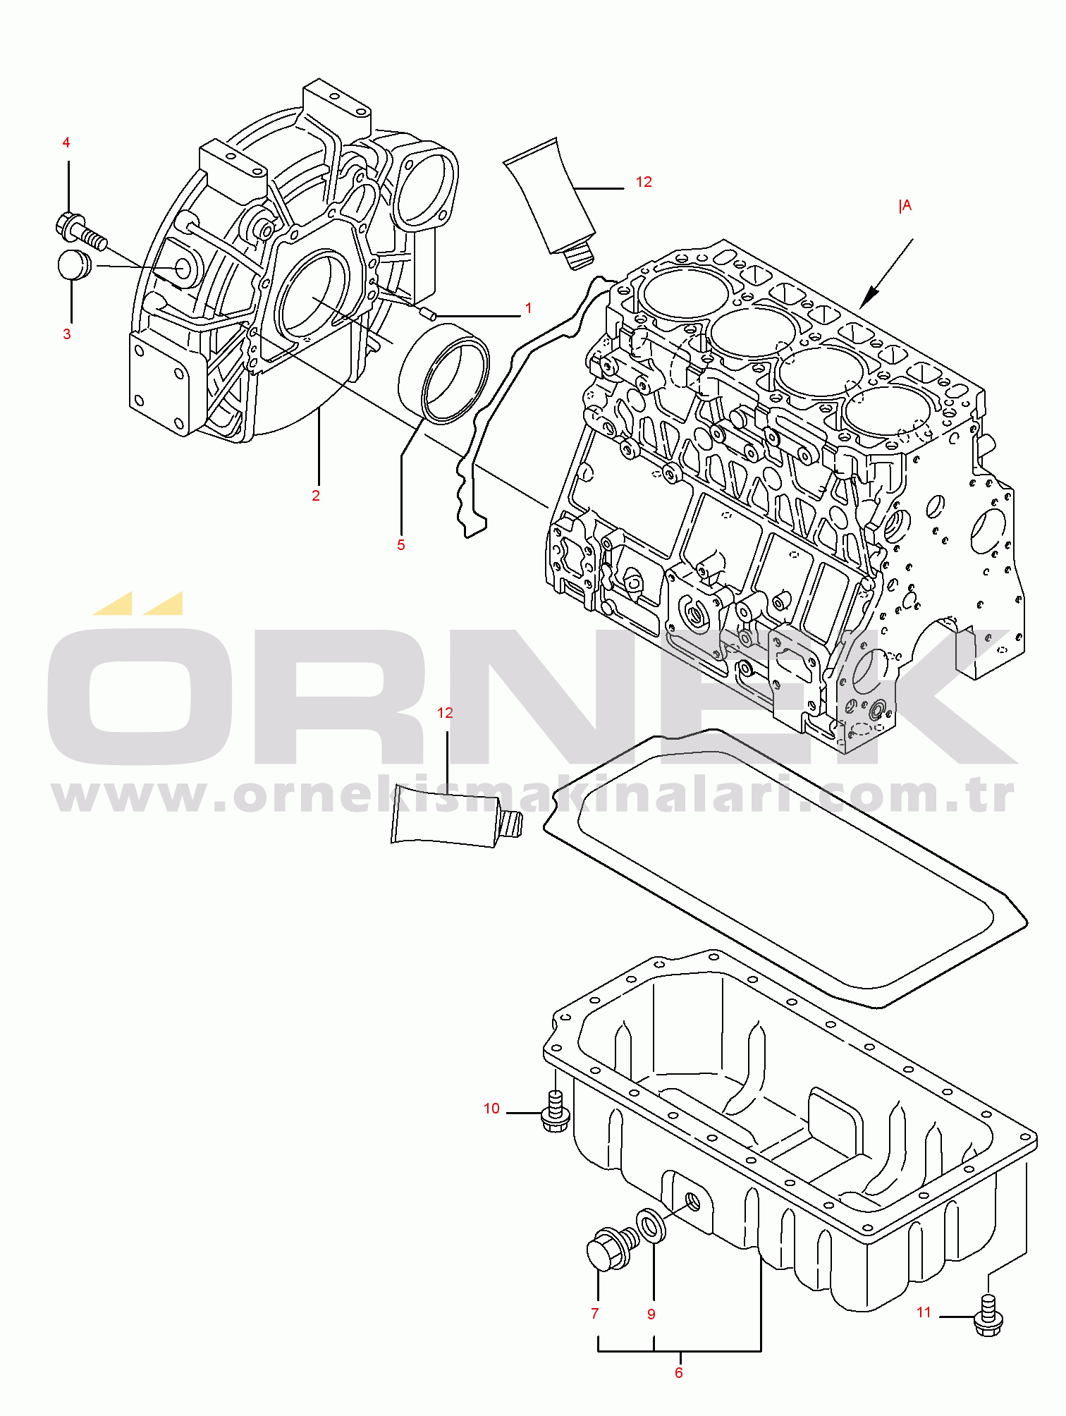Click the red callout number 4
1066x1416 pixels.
[x=66, y=142]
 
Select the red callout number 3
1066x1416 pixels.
[x=67, y=334]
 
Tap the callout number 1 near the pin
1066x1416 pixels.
[x=529, y=308]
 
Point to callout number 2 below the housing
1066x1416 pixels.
[x=316, y=496]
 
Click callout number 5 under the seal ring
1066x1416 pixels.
[x=401, y=544]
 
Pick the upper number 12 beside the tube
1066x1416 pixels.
[x=644, y=182]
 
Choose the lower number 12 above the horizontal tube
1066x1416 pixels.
[x=445, y=713]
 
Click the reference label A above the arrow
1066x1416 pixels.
[x=905, y=205]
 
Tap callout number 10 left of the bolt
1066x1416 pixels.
[x=491, y=1109]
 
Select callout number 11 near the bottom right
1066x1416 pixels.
[x=924, y=1312]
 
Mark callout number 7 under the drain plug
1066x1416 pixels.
[x=595, y=1314]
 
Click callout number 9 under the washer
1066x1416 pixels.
[x=651, y=1314]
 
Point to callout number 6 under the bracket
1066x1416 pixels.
[x=679, y=1372]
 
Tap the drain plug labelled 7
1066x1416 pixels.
[x=611, y=1249]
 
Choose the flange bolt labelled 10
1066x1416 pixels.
[x=556, y=1111]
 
